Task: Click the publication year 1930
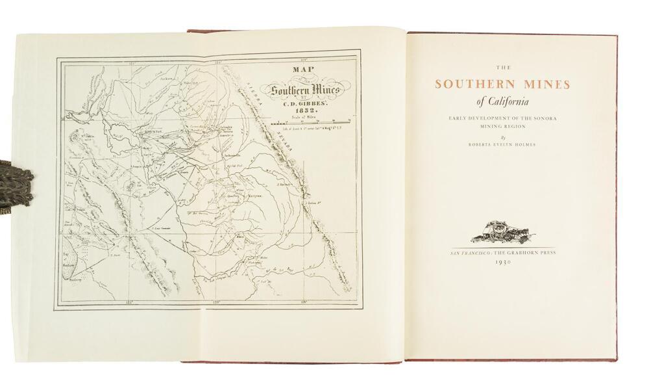504,261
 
